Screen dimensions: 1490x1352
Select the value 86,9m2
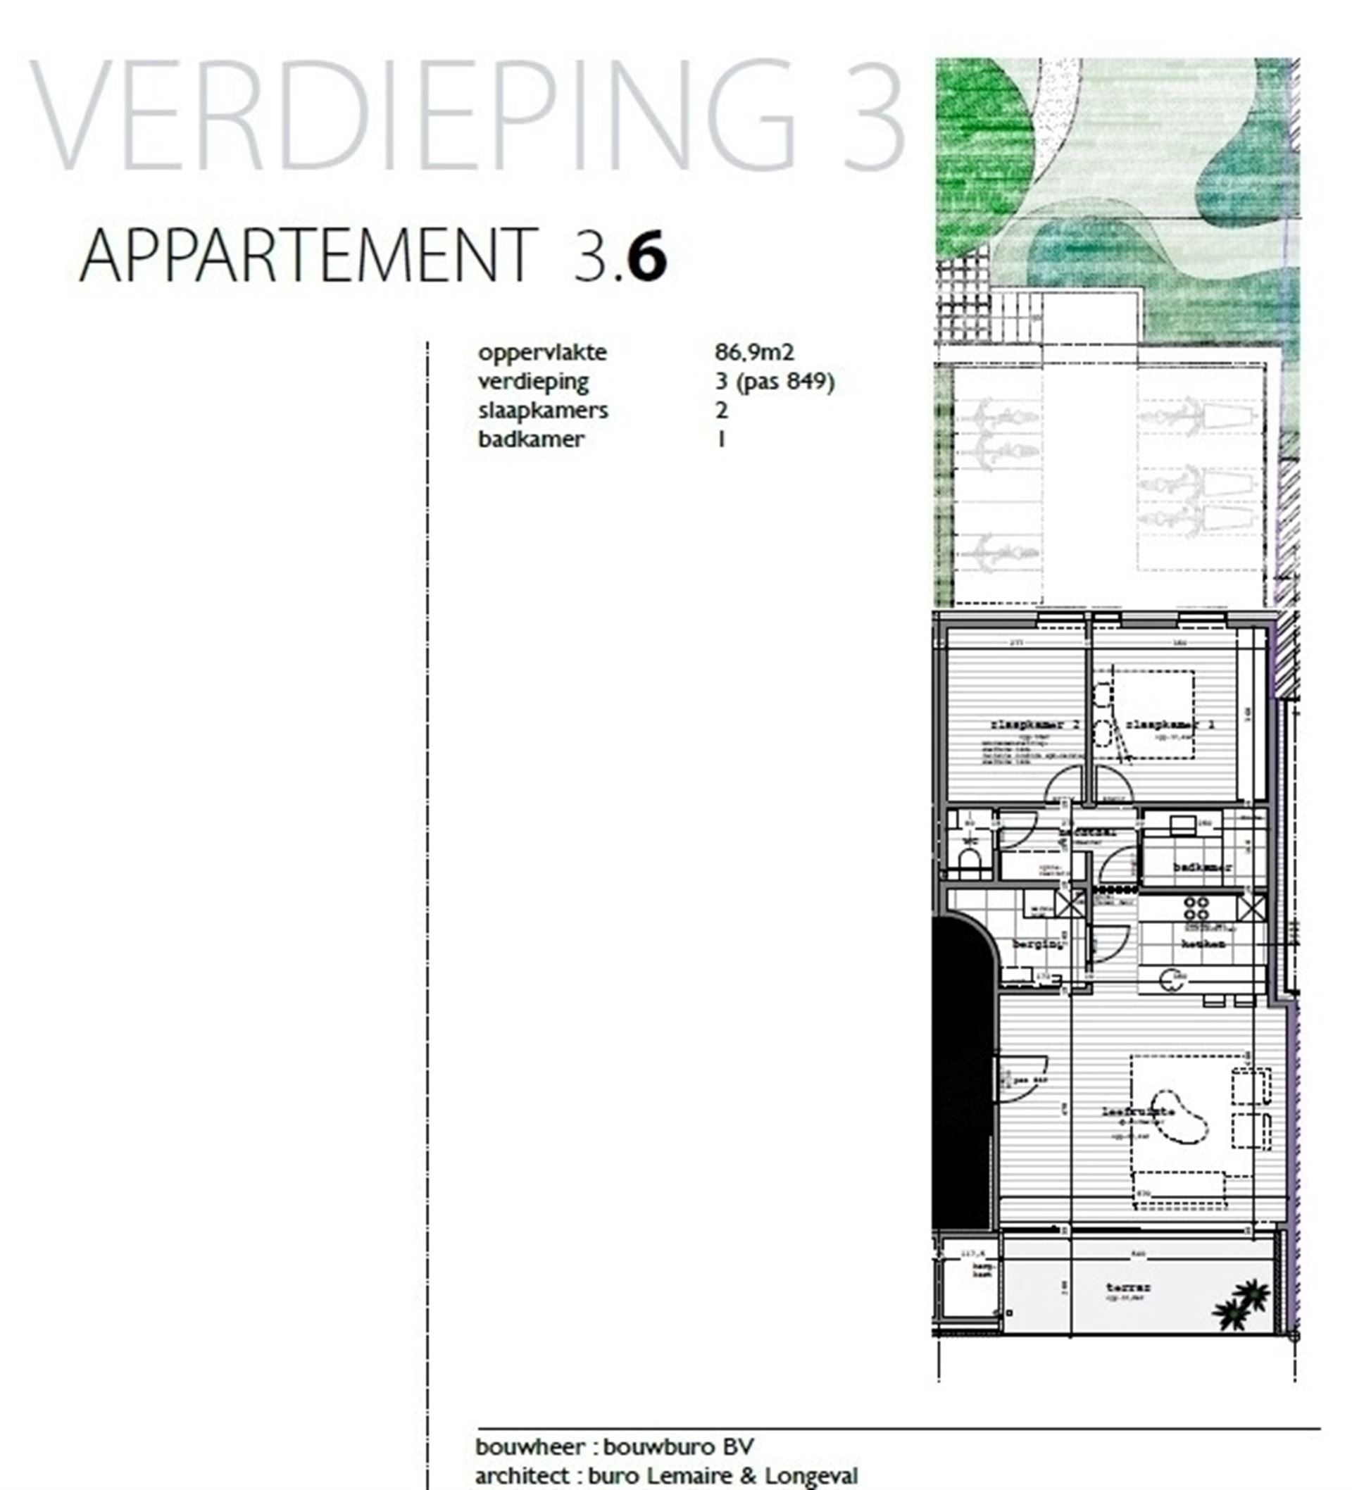(x=754, y=352)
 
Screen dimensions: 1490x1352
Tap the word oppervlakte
(x=542, y=353)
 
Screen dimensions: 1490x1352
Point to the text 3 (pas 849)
(x=774, y=382)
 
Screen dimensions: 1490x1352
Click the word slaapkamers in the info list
(x=543, y=411)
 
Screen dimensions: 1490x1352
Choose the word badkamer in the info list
(x=531, y=439)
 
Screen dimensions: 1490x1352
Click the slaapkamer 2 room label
(x=1034, y=725)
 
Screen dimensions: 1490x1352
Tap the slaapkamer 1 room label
(x=1170, y=725)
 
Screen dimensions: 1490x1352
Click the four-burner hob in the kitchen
(x=1197, y=908)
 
